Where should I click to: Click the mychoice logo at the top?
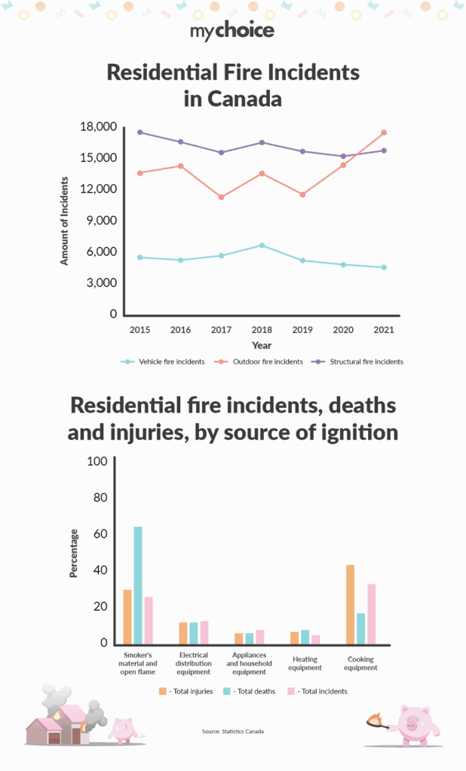(232, 30)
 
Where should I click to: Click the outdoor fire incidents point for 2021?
(384, 133)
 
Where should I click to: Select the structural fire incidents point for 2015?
(139, 133)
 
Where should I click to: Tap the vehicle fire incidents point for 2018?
(262, 245)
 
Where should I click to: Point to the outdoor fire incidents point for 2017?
(221, 197)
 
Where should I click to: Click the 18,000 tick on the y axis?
(98, 126)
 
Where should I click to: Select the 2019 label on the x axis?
(302, 330)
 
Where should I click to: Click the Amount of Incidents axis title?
(65, 221)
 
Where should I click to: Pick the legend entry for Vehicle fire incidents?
(163, 361)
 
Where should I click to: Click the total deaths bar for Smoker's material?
(138, 585)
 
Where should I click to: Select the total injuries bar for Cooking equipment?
(350, 604)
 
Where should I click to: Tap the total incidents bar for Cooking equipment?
(371, 614)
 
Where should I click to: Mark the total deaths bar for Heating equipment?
(305, 637)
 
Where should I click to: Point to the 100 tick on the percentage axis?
(98, 462)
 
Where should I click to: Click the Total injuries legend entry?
(185, 690)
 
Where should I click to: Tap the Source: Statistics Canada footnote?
(233, 732)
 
